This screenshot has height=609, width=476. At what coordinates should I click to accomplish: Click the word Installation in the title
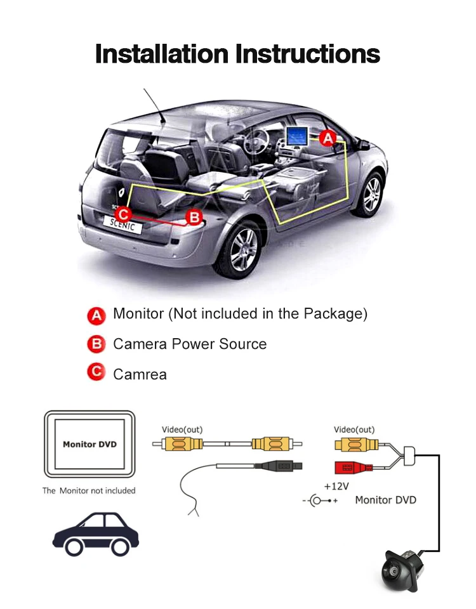[x=162, y=53]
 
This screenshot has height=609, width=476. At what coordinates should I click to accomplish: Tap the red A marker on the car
[x=327, y=137]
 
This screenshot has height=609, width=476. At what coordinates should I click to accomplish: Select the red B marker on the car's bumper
[x=194, y=218]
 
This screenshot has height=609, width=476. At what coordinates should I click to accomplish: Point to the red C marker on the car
[x=124, y=214]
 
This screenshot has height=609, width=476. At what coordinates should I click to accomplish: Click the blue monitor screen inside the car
[x=297, y=135]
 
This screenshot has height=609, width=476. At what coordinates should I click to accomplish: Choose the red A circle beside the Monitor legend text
[x=96, y=315]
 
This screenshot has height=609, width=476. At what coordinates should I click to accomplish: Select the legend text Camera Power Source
[x=190, y=344]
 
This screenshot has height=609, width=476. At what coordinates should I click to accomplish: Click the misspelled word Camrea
[x=140, y=374]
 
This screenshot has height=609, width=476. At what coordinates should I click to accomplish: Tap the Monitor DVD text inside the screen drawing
[x=89, y=444]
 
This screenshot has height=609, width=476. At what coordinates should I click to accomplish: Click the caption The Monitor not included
[x=89, y=490]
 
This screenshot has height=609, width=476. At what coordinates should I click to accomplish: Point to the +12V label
[x=336, y=487]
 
